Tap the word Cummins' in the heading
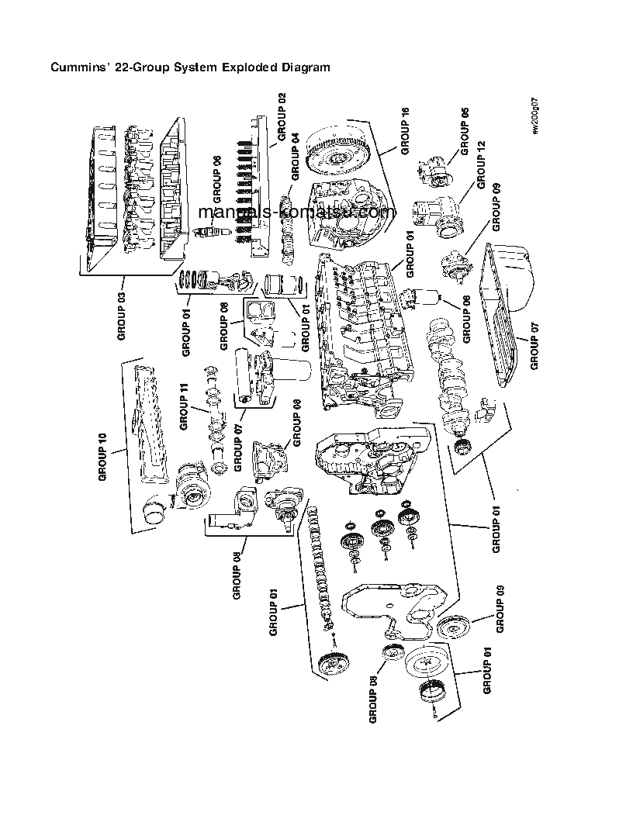click(x=78, y=67)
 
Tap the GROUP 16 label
click(x=403, y=132)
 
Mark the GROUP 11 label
click(x=184, y=407)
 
